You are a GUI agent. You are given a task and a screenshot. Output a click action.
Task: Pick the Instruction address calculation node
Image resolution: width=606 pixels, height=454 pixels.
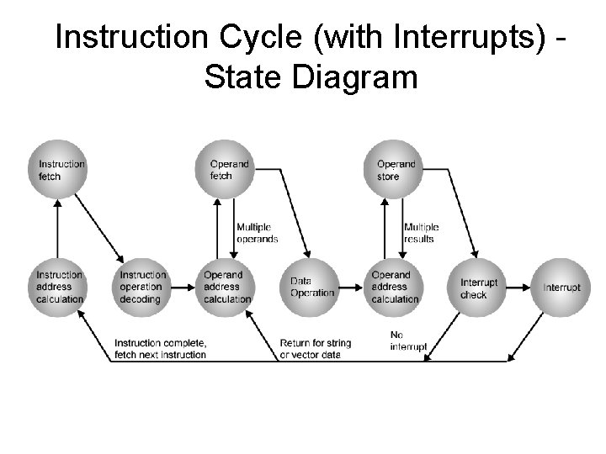[x=60, y=287]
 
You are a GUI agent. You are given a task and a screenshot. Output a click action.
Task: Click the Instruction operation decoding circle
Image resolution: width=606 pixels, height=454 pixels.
[x=142, y=287]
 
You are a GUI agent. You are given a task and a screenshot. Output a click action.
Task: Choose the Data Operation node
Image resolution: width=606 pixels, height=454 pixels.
[x=311, y=287]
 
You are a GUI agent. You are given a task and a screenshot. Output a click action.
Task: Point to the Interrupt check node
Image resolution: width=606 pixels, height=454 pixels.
[x=479, y=287]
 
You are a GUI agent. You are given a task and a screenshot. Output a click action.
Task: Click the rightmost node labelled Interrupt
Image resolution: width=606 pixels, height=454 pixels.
[x=561, y=287]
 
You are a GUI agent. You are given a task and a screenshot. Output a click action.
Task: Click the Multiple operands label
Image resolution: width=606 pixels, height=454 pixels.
[x=257, y=233]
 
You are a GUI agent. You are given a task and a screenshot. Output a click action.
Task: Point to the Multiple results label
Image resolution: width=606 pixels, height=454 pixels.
[x=421, y=233]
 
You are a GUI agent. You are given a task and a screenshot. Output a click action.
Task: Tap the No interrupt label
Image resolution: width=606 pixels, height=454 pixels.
[x=408, y=340]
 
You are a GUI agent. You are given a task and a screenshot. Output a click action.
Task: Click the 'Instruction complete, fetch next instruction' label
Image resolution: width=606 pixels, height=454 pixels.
[x=160, y=349]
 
